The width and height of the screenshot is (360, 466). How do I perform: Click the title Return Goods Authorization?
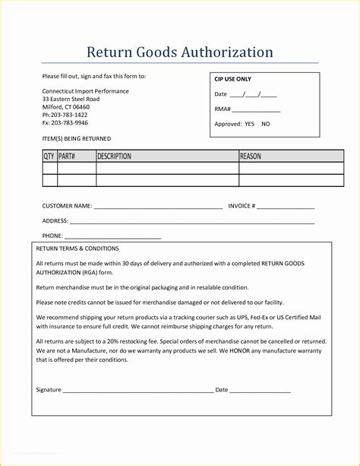(179, 52)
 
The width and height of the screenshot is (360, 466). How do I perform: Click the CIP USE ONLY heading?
(232, 79)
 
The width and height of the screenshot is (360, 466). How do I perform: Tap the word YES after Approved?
(250, 123)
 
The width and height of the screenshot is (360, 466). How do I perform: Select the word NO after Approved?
(265, 123)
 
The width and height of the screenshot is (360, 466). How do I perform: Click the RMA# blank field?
(256, 109)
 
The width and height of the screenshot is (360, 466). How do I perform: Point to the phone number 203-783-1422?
(69, 115)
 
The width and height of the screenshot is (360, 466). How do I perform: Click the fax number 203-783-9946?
(69, 122)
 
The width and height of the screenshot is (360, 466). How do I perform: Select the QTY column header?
(49, 157)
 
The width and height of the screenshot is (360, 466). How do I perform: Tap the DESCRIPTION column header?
(115, 157)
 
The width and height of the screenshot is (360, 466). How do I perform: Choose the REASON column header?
(251, 157)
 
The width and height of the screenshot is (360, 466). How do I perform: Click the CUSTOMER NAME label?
(67, 206)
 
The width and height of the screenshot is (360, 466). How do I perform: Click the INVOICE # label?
(242, 206)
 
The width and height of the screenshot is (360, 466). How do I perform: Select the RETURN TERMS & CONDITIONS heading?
(77, 249)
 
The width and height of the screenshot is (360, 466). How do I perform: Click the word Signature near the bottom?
(49, 390)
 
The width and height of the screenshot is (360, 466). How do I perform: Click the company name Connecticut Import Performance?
(85, 91)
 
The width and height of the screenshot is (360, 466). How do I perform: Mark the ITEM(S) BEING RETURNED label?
(76, 138)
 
